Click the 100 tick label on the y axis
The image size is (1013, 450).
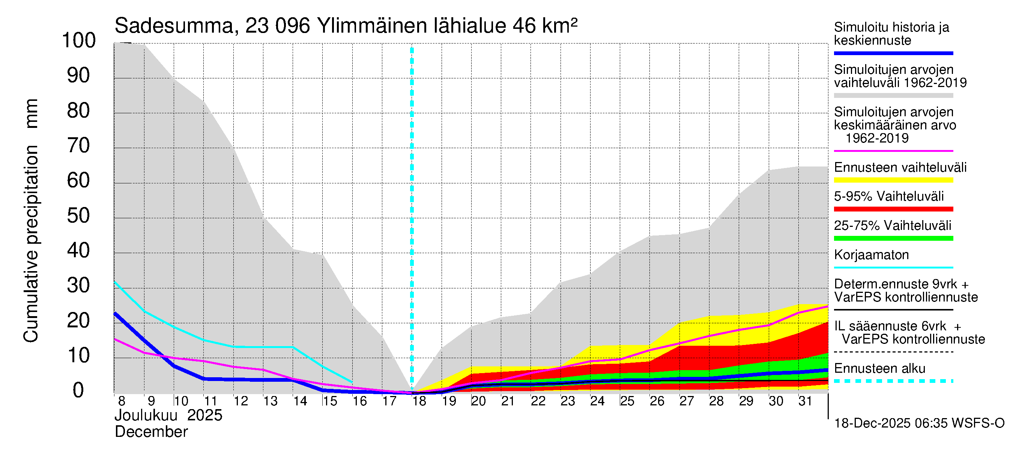[79, 41]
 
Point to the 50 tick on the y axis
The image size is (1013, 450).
[79, 216]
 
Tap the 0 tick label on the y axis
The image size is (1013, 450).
[78, 390]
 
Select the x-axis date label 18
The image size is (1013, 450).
[419, 401]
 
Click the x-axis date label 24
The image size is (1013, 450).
[597, 401]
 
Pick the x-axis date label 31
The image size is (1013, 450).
[805, 401]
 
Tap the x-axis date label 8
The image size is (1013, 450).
[122, 401]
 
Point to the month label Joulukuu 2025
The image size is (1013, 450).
[168, 415]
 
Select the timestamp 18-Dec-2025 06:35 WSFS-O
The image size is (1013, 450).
[919, 423]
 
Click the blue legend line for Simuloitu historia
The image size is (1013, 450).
[893, 53]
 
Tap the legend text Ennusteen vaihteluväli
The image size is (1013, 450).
[900, 167]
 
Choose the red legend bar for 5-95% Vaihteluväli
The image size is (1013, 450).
[893, 209]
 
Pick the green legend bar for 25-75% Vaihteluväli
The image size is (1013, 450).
[893, 238]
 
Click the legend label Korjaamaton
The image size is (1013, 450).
[871, 255]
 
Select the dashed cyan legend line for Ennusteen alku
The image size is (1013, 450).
[893, 381]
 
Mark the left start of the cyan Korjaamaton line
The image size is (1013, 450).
[115, 282]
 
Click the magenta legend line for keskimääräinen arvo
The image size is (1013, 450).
[893, 151]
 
